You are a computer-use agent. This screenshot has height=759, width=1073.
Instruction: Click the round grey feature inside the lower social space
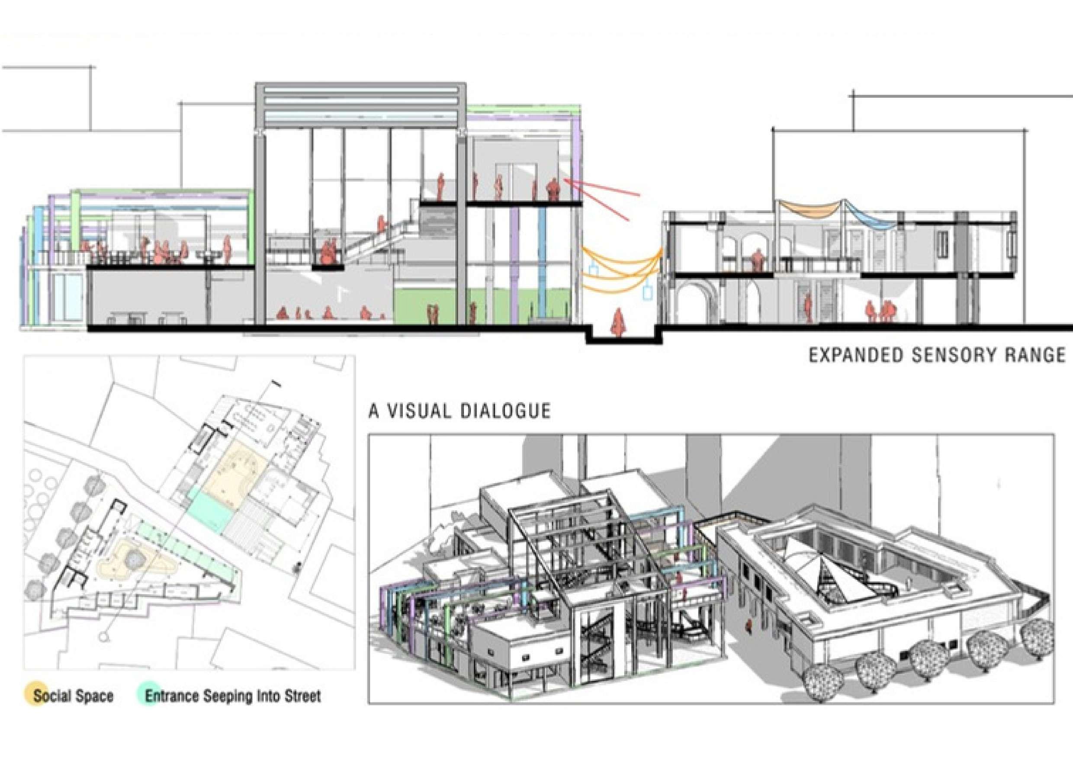[135, 557]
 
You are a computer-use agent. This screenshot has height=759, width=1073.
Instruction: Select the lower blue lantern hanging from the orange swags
[648, 292]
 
